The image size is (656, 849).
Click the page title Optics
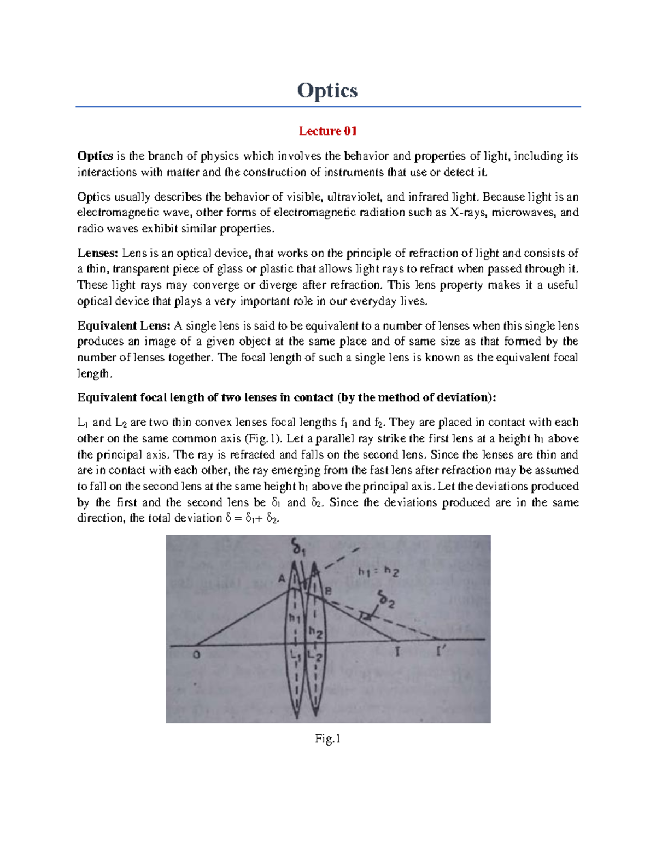tap(327, 90)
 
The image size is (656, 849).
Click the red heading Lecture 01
tap(327, 131)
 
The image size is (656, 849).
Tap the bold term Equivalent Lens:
tap(124, 326)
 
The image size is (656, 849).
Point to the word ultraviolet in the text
tap(352, 197)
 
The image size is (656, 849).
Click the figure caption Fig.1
tap(327, 739)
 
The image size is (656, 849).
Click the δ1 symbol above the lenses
tap(298, 547)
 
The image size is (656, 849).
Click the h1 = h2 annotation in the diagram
tap(378, 572)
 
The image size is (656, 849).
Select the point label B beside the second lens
tap(329, 591)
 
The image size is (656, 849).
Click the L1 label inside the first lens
tap(295, 654)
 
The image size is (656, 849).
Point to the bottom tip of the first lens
tap(296, 717)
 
